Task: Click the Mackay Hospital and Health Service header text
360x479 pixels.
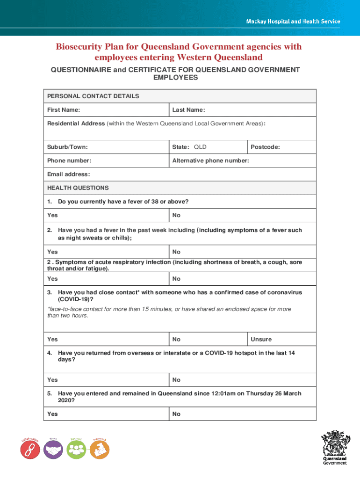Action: pos(293,22)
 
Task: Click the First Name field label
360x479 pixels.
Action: pos(63,110)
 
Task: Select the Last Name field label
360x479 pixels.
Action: pos(188,110)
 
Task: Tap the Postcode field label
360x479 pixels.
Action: pos(265,147)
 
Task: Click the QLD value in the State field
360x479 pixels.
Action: pos(200,147)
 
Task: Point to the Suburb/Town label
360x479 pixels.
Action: pos(67,147)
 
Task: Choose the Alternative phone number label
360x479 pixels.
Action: pos(210,160)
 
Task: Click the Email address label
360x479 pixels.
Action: pos(68,174)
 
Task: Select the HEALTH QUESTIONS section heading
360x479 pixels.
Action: pos(78,188)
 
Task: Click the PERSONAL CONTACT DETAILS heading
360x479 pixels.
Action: pos(93,96)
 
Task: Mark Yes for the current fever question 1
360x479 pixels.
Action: pos(52,215)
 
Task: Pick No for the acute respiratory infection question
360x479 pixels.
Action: pos(176,279)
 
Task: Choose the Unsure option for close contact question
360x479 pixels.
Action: pos(261,339)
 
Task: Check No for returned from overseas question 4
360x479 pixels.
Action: pos(176,380)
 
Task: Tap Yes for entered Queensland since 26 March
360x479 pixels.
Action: pos(52,414)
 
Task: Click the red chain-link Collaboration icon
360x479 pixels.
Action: pos(30,450)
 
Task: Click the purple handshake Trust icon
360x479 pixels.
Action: pos(53,450)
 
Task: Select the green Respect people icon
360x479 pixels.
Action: pos(76,450)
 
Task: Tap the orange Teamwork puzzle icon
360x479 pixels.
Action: pos(99,450)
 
